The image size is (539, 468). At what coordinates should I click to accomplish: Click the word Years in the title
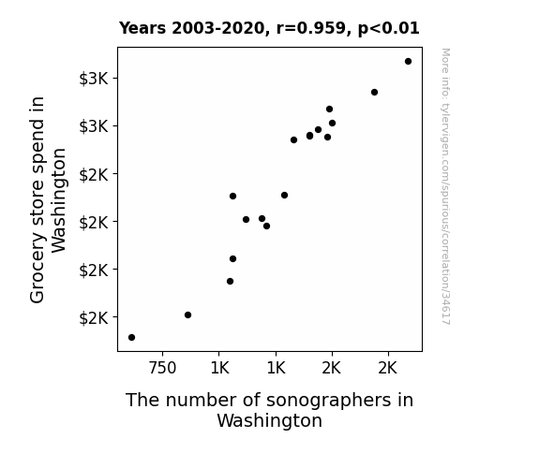tap(142, 28)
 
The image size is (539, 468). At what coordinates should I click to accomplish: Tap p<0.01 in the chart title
tap(389, 29)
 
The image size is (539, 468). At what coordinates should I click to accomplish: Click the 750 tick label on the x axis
tap(162, 368)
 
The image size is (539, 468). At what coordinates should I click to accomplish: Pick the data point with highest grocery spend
tap(408, 62)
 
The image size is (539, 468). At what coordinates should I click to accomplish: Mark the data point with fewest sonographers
tap(131, 338)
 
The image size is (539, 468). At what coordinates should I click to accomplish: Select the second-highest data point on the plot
tap(374, 92)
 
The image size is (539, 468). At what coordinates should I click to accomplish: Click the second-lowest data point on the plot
tap(187, 314)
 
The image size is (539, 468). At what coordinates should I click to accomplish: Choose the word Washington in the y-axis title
tap(58, 200)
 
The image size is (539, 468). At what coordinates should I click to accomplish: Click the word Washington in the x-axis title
tap(270, 420)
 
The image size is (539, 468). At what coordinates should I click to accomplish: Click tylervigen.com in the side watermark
tap(446, 135)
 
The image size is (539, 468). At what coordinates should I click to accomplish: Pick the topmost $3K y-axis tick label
tap(94, 79)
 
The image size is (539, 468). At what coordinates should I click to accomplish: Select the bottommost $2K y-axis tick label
tap(94, 318)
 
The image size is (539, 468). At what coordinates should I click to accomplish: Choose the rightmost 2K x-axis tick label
tap(387, 368)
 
